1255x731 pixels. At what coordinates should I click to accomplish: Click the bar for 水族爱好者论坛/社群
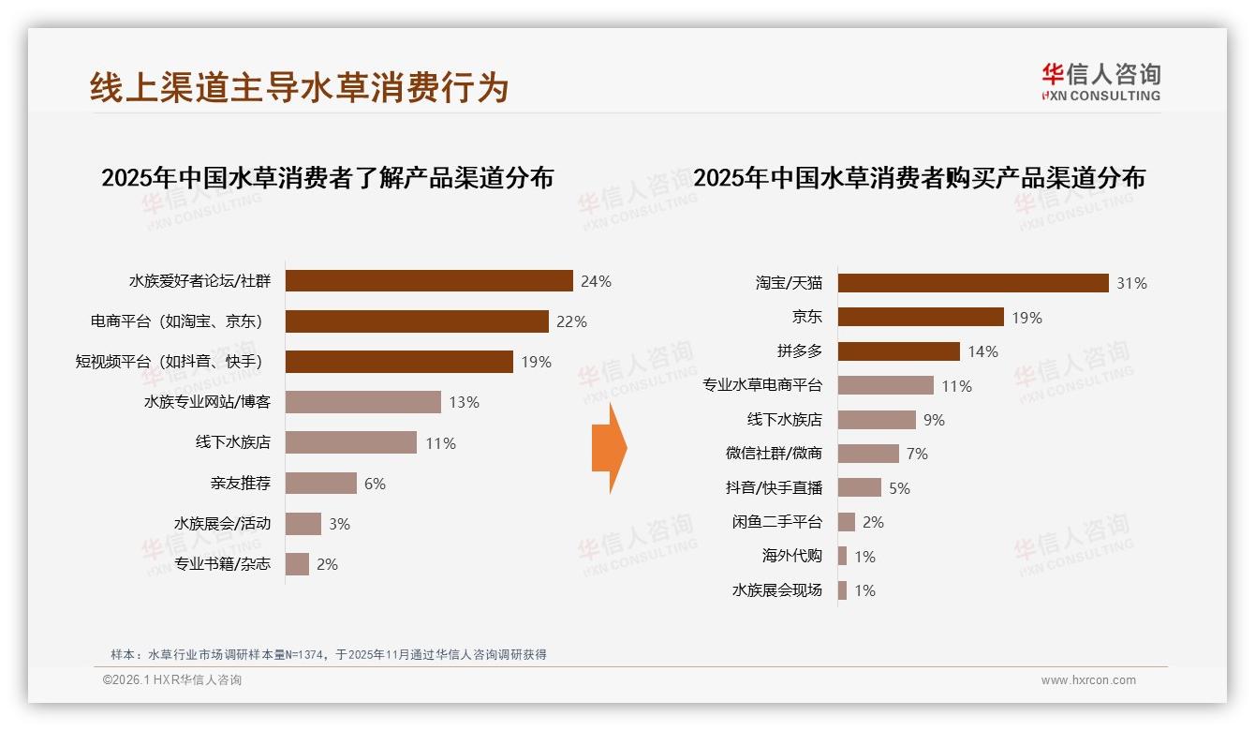[x=429, y=281]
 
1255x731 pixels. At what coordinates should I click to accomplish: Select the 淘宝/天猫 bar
[x=973, y=283]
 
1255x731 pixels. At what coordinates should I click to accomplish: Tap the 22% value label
[x=571, y=321]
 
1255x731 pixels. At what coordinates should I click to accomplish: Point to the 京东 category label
[x=806, y=318]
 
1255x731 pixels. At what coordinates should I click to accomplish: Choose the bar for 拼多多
[x=898, y=351]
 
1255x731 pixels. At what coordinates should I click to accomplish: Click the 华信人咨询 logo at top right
[x=1100, y=82]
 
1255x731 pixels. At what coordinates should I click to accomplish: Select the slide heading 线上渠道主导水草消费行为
[x=300, y=87]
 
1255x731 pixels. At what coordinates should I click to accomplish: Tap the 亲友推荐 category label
[x=241, y=484]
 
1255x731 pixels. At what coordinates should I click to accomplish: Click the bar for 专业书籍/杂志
[x=297, y=564]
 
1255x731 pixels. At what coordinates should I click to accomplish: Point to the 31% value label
[x=1131, y=283]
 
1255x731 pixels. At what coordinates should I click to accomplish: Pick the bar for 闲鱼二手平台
[x=846, y=522]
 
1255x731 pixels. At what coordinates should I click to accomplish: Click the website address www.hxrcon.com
[x=1088, y=680]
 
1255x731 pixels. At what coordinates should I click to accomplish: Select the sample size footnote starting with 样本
[x=328, y=655]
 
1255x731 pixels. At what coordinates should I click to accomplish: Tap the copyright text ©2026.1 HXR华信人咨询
[x=172, y=680]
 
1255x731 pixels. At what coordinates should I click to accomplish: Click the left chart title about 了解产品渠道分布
[x=327, y=178]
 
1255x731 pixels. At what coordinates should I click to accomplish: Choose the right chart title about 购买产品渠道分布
[x=919, y=178]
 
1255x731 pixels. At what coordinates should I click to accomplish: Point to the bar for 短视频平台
[x=399, y=362]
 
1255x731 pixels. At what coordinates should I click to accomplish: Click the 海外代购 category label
[x=791, y=557]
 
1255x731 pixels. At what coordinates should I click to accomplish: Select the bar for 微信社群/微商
[x=868, y=454]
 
